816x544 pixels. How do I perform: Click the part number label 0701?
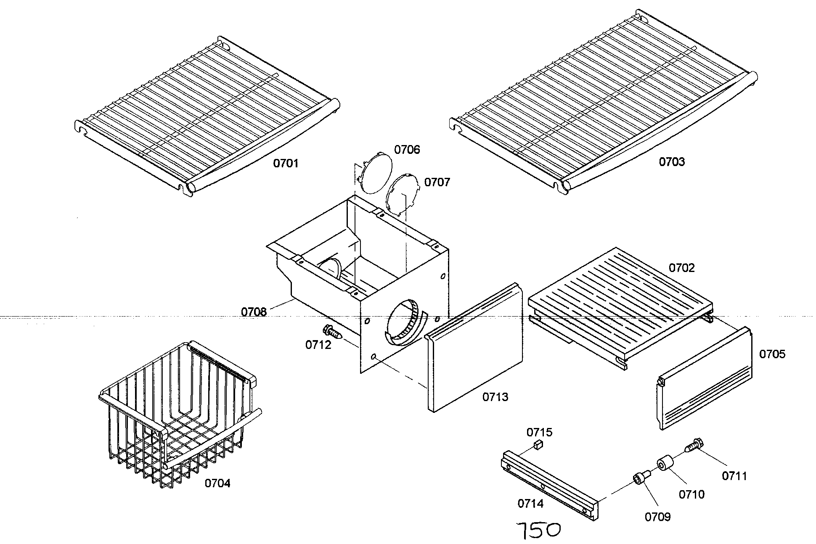point(286,163)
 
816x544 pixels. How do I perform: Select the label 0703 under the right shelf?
point(672,162)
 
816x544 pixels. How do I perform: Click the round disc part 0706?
point(375,173)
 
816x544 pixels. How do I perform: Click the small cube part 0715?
point(538,444)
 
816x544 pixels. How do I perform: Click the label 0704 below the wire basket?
point(217,483)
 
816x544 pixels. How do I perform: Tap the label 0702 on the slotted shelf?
point(682,268)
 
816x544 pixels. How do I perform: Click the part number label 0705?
point(772,354)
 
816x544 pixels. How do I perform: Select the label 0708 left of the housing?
point(254,312)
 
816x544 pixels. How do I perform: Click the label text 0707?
point(437,182)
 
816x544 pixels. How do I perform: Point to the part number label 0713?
point(495,397)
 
